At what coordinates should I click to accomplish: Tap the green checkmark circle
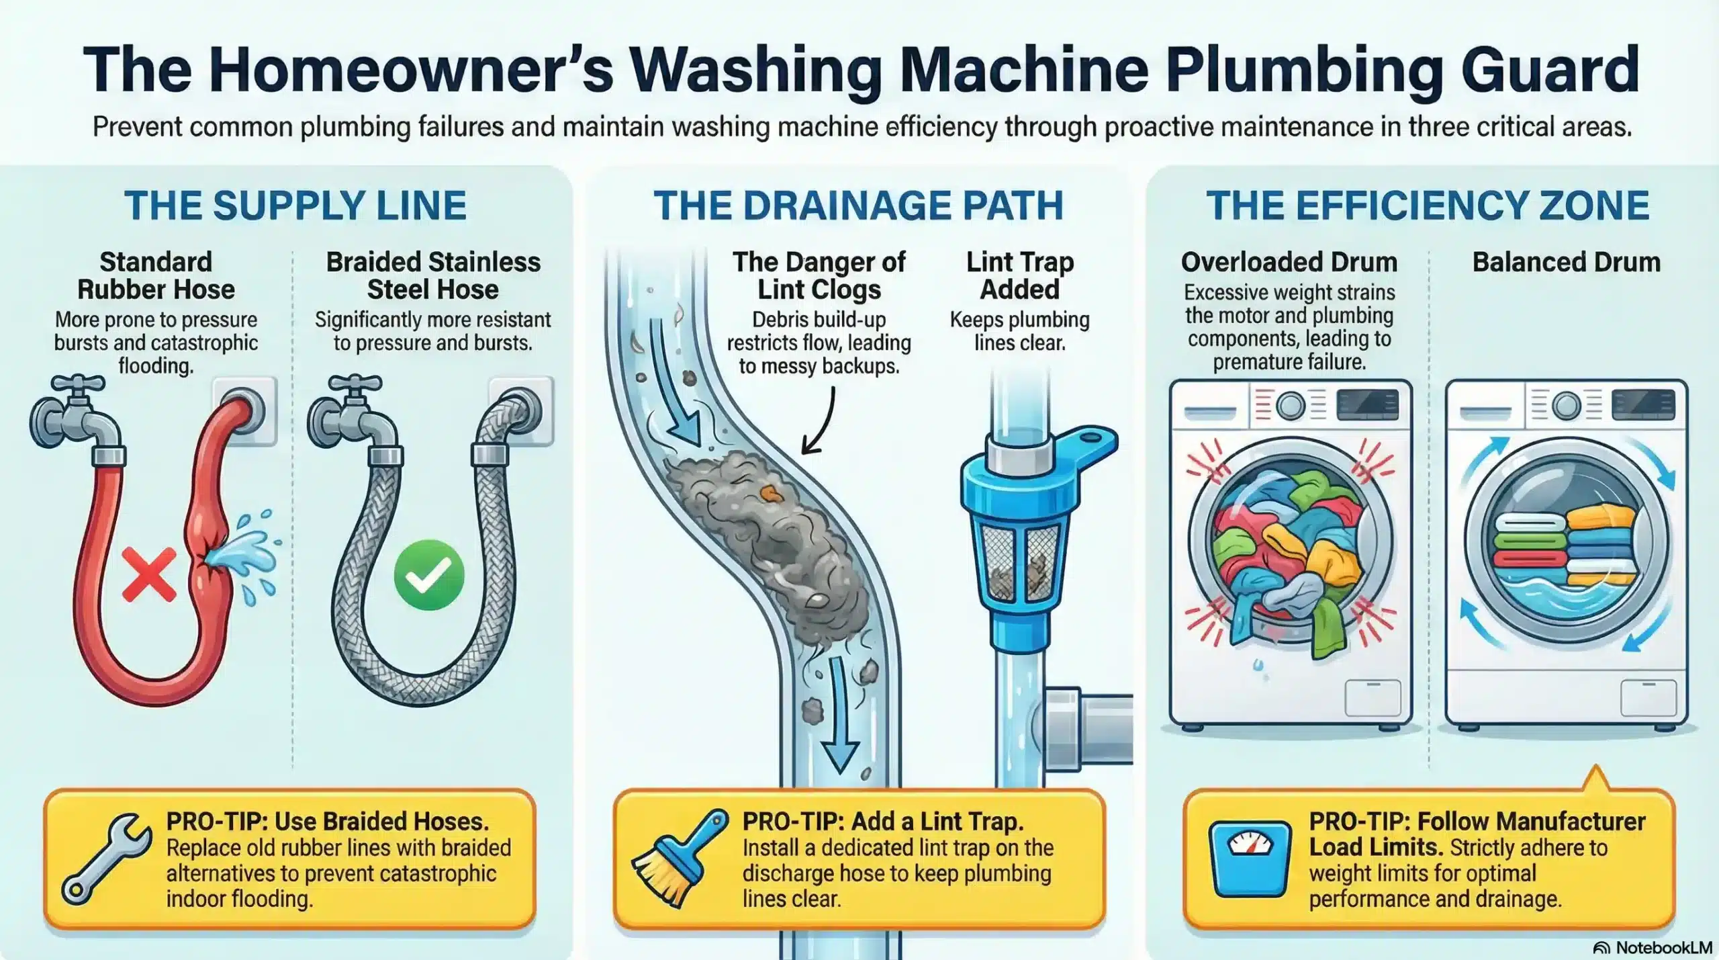(428, 575)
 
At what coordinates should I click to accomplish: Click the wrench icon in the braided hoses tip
(106, 859)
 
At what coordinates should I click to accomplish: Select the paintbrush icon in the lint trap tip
(679, 859)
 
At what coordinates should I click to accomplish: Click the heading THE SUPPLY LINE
(295, 206)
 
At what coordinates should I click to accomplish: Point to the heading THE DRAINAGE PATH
(858, 206)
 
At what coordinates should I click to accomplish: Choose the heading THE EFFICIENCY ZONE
(1428, 206)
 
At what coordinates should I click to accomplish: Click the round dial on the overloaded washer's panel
(1289, 405)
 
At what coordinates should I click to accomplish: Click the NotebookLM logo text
(1653, 948)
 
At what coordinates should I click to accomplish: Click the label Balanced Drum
(1566, 262)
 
